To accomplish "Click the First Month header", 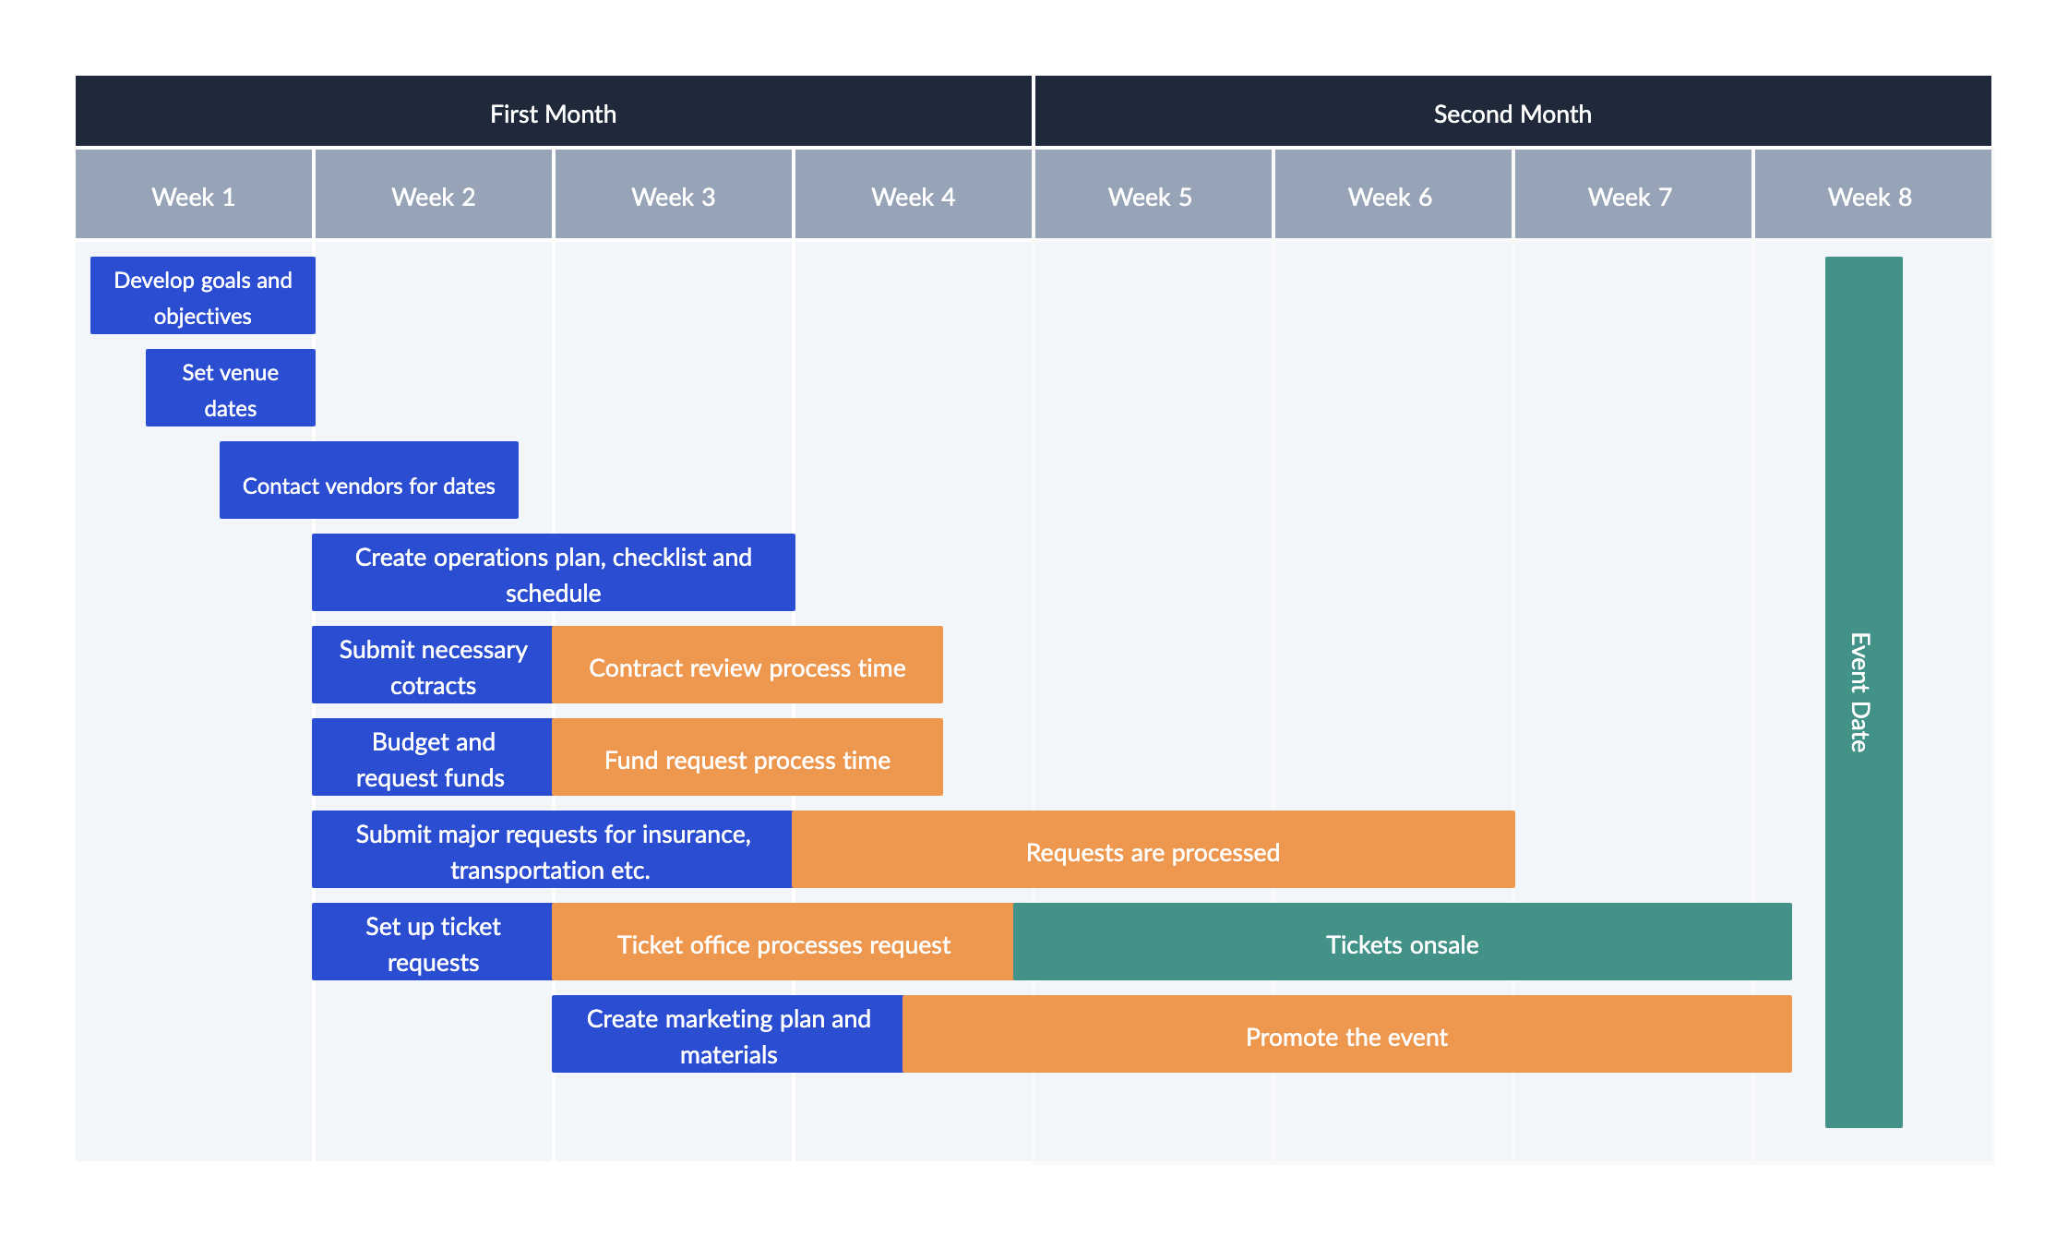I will pos(553,113).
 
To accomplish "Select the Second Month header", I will pos(1512,113).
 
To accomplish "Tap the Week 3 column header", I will pos(673,196).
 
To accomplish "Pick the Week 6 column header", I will pos(1391,196).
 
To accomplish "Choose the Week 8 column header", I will pos(1871,196).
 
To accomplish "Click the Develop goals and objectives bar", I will pos(203,296).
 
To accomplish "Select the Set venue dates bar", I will pos(231,389).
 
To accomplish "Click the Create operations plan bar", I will pos(554,573).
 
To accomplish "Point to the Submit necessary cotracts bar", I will pos(433,666).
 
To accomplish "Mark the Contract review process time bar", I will pos(747,666).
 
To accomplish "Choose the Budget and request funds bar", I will pos(433,758).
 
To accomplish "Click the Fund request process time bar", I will pos(747,758).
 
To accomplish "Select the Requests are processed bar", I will pos(1153,850).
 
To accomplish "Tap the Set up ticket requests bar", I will pos(433,943).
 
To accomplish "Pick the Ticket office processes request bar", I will pos(783,943).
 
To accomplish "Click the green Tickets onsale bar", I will pos(1402,943).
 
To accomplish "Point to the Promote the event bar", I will pos(1346,1035).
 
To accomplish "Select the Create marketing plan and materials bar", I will pos(727,1035).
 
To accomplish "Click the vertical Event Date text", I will pos(1860,692).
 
